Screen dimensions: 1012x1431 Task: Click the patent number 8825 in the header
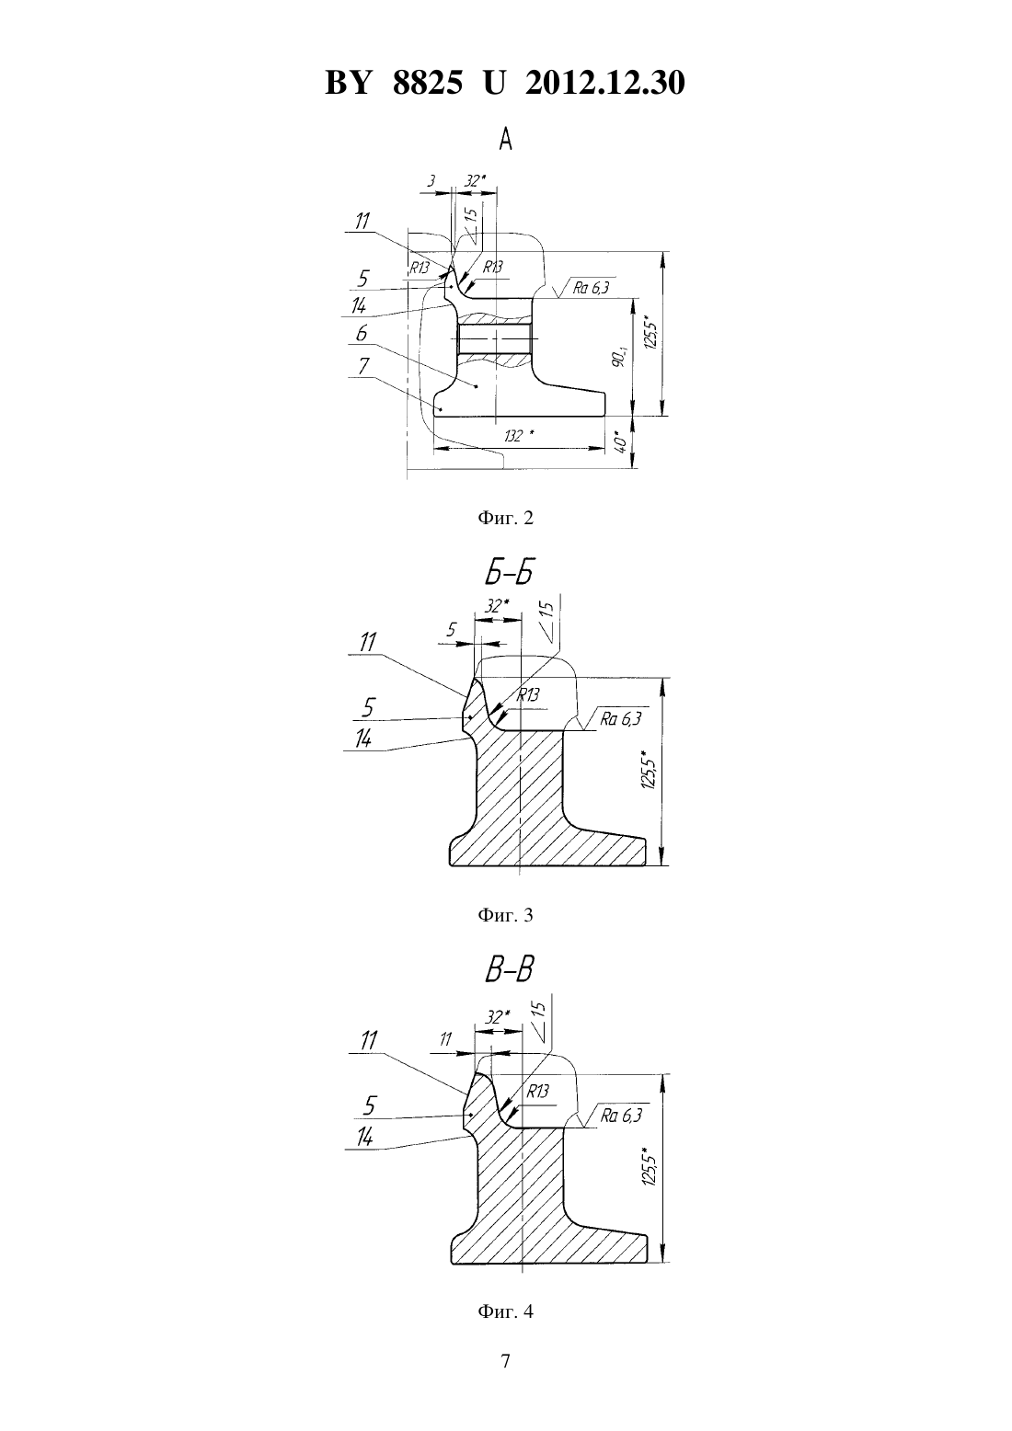[428, 83]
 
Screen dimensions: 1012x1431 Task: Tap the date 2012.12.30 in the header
[605, 83]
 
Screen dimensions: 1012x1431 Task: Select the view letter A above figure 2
[505, 139]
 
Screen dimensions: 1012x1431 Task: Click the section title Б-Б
[508, 573]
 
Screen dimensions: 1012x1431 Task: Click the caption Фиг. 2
[505, 518]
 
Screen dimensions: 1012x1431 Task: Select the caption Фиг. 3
[505, 915]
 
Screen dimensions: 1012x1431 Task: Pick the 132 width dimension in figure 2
[519, 436]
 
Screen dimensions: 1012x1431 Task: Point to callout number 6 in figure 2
[361, 334]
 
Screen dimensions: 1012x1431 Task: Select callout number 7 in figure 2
[362, 366]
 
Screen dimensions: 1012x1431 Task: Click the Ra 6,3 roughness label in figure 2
[591, 288]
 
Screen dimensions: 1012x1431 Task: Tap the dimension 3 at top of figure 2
[431, 181]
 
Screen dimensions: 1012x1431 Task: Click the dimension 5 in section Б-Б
[452, 630]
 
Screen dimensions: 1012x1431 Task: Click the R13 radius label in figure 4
[537, 1091]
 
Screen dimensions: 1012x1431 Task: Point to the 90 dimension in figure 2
[617, 359]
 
